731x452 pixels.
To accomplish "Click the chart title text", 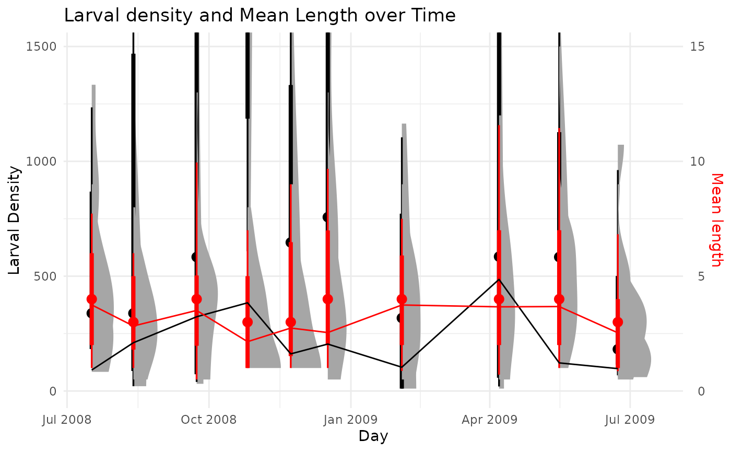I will pyautogui.click(x=260, y=16).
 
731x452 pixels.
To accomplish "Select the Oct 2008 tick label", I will pyautogui.click(x=208, y=420).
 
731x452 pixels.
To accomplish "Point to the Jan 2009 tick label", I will pyautogui.click(x=350, y=420).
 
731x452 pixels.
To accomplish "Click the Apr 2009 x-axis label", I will pyautogui.click(x=489, y=420).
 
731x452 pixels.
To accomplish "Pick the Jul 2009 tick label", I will pyautogui.click(x=630, y=420).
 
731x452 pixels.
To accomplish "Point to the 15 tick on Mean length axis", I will pyautogui.click(x=694, y=46).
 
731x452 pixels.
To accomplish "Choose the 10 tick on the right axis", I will pyautogui.click(x=694, y=161).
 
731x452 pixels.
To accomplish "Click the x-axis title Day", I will pyautogui.click(x=373, y=436).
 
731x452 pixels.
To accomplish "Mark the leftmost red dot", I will pyautogui.click(x=92, y=299).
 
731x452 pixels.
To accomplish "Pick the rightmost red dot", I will pyautogui.click(x=618, y=322).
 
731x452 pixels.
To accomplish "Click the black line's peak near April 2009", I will pyautogui.click(x=499, y=279).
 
